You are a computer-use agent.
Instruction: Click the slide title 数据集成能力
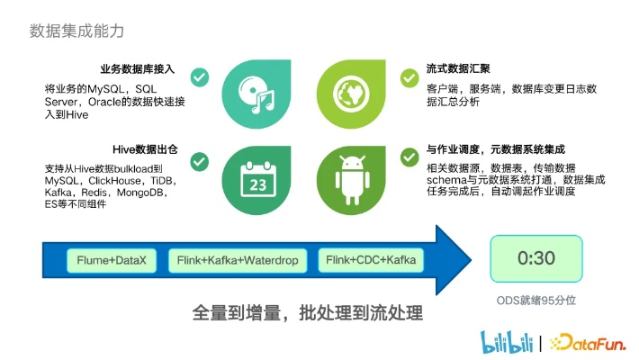point(76,31)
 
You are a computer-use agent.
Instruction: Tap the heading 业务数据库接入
point(138,69)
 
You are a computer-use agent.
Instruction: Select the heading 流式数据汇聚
point(458,68)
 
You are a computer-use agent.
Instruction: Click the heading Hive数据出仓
point(145,149)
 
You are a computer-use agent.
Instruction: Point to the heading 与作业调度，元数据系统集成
point(496,149)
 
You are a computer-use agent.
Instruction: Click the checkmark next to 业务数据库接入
point(200,77)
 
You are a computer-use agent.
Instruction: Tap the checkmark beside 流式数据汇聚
point(409,78)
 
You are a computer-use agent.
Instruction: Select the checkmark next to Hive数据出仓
point(199,162)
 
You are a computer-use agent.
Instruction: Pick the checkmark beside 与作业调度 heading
point(409,157)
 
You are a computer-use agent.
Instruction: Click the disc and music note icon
point(256,94)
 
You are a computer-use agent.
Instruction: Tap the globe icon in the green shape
point(351,94)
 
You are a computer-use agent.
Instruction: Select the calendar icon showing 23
point(258,179)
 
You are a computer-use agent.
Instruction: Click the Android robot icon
point(353,180)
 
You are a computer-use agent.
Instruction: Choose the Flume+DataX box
point(112,260)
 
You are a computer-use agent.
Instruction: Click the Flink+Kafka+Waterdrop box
point(238,260)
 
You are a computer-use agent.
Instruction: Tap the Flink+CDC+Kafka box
point(371,260)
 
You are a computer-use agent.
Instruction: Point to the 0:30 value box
point(536,258)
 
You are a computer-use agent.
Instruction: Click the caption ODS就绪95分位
point(535,301)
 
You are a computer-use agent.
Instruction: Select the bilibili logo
point(507,342)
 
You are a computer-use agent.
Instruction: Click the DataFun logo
point(587,343)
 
